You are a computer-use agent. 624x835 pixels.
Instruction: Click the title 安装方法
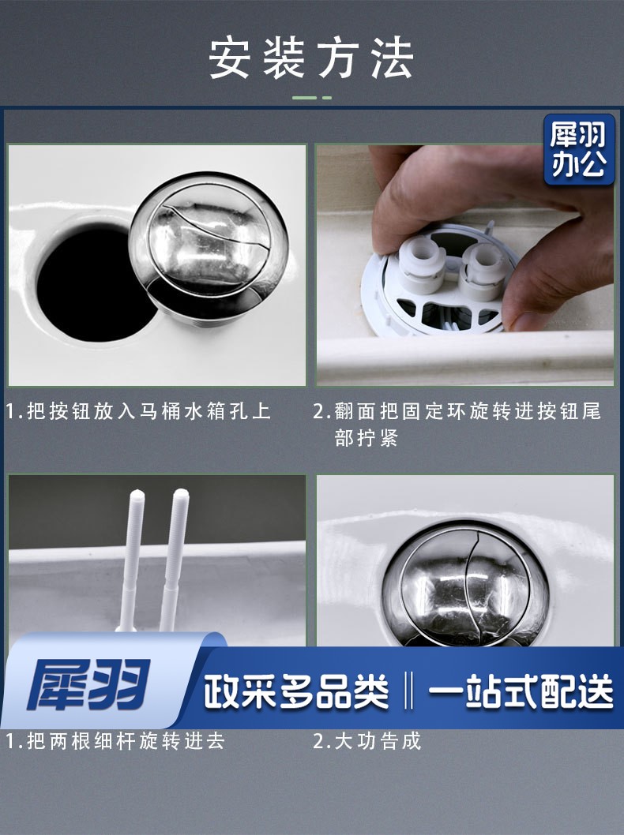click(311, 58)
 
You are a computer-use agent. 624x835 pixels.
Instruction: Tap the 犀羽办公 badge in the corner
click(579, 150)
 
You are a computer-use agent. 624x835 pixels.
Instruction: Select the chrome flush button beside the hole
click(209, 244)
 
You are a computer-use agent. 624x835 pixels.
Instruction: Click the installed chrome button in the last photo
click(466, 584)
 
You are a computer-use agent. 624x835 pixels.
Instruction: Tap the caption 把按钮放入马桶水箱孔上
click(149, 411)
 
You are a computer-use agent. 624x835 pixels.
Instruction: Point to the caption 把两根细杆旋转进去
click(126, 741)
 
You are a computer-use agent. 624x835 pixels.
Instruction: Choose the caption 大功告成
click(378, 741)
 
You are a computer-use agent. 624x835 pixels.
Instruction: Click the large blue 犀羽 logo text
click(88, 684)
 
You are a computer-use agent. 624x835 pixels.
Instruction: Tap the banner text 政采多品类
click(296, 691)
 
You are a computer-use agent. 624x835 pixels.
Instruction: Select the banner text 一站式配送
click(521, 691)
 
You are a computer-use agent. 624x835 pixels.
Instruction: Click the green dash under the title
click(312, 98)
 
